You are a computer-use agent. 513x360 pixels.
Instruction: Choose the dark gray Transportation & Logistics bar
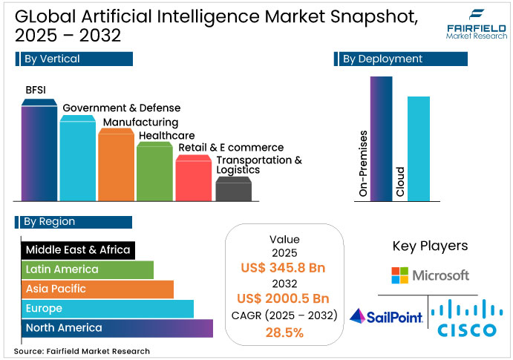[232, 190]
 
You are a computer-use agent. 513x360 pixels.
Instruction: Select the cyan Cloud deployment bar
[419, 148]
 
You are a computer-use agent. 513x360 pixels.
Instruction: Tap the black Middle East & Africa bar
[77, 250]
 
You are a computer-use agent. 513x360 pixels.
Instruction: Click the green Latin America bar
[87, 269]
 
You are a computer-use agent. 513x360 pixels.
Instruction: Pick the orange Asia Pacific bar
[97, 289]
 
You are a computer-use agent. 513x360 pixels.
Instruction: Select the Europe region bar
[107, 308]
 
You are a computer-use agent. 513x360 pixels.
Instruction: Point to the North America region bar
[117, 327]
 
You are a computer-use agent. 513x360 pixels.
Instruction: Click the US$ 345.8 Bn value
[285, 267]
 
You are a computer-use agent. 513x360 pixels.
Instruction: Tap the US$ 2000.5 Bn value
[285, 299]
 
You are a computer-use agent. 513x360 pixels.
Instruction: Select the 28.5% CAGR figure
[285, 333]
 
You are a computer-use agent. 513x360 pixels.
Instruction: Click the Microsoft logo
[431, 275]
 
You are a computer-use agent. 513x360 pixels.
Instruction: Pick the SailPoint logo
[386, 317]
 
